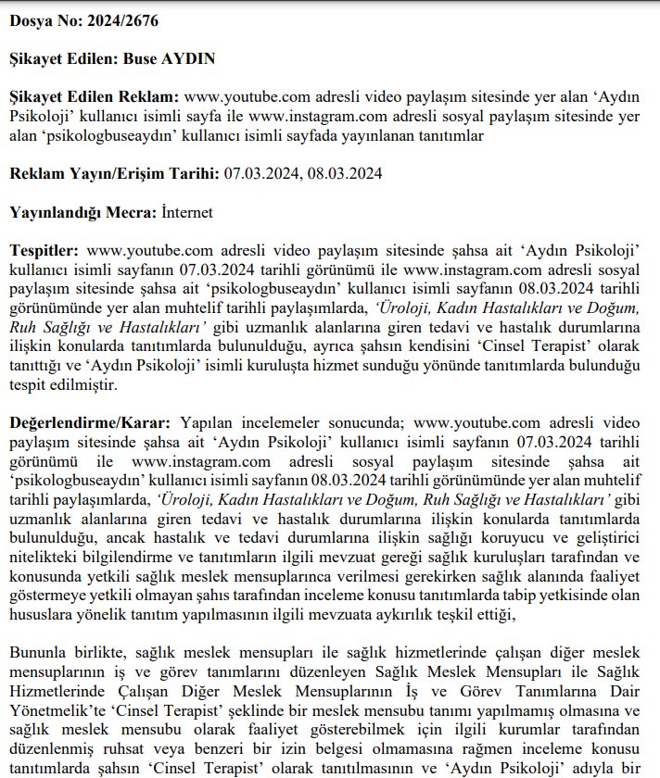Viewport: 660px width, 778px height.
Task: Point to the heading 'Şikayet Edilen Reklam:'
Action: click(95, 96)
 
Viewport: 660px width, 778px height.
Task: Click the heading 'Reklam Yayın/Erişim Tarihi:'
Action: click(113, 173)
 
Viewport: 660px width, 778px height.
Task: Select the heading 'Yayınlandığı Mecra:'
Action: click(81, 212)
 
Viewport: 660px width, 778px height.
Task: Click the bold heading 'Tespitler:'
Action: click(45, 250)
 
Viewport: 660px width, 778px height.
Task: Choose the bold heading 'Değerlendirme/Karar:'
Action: click(91, 423)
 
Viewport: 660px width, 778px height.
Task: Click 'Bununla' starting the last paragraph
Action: click(38, 655)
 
